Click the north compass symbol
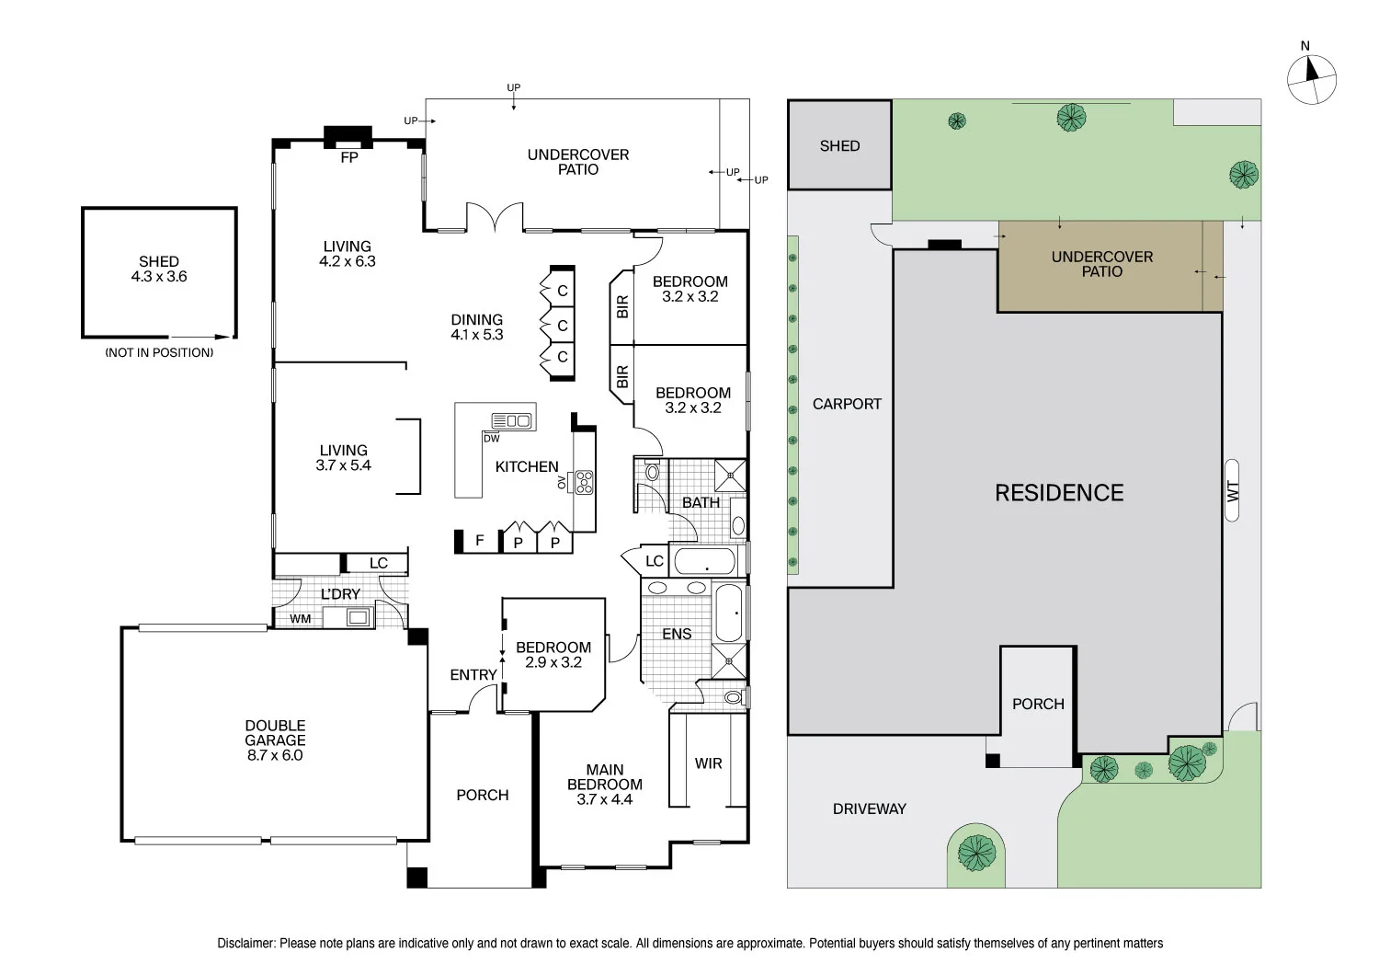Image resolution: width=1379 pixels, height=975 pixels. click(x=1311, y=79)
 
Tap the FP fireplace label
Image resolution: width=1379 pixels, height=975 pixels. click(x=349, y=157)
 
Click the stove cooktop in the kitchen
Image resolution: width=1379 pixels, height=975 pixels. click(x=584, y=482)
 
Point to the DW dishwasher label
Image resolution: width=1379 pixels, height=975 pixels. click(x=491, y=439)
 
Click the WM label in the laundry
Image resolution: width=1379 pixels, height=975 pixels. click(x=300, y=618)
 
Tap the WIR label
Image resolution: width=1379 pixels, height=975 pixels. click(x=708, y=763)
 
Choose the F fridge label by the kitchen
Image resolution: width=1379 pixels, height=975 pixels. click(x=480, y=540)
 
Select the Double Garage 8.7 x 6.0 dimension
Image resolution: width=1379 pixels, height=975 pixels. click(x=275, y=755)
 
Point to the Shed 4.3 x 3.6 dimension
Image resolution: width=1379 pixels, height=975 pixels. click(x=159, y=277)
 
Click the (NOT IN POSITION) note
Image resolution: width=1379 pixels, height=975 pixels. click(x=159, y=352)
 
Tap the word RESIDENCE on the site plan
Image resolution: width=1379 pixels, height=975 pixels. click(x=1059, y=493)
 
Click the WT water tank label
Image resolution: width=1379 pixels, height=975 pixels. click(x=1233, y=491)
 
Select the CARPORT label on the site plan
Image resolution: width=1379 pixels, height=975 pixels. click(x=847, y=404)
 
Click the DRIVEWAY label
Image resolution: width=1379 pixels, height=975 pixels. click(x=870, y=809)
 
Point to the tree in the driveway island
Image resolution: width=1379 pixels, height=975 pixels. click(x=976, y=853)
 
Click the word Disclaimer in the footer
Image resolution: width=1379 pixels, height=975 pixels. click(x=246, y=943)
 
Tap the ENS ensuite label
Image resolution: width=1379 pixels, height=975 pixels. click(x=677, y=634)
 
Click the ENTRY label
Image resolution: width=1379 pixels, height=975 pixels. click(x=473, y=675)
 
